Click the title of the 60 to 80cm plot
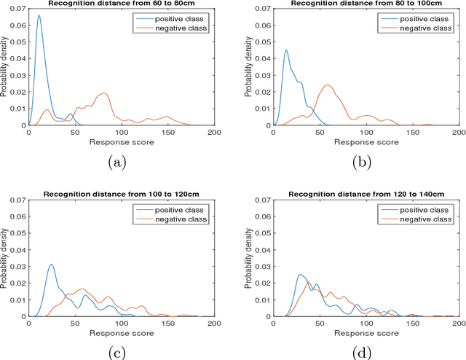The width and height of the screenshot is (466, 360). click(121, 4)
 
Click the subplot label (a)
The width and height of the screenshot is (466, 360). click(116, 163)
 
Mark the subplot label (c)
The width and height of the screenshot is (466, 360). click(116, 353)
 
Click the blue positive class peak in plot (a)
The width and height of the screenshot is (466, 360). click(39, 16)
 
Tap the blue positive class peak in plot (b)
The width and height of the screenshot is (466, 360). click(286, 51)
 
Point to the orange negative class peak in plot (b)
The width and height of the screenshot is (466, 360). click(327, 85)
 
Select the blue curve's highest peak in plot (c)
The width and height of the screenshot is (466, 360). click(51, 265)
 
